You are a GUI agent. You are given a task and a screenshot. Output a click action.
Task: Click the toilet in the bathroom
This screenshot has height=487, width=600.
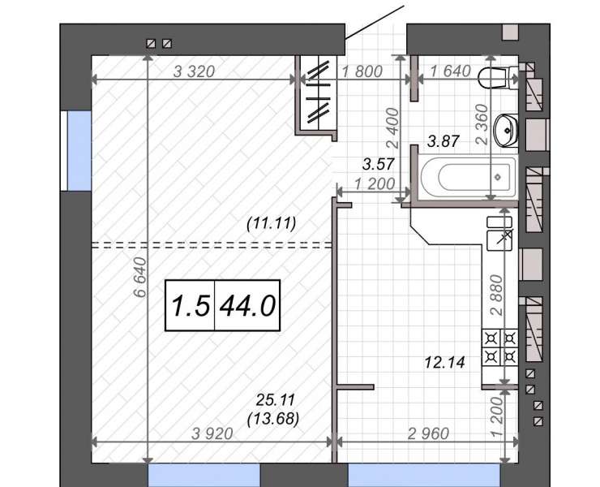[x=498, y=79]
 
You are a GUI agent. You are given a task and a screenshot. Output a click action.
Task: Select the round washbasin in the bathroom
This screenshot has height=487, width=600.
[x=506, y=131]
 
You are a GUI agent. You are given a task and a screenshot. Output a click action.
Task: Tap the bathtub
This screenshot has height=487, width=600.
[x=468, y=177]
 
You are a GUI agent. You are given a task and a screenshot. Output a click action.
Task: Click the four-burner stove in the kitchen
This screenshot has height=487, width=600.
[x=500, y=347]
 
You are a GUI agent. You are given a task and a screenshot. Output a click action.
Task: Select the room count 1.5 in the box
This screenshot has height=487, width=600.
[x=191, y=306]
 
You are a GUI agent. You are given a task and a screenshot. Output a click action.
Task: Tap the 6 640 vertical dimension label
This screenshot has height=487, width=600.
[x=140, y=277]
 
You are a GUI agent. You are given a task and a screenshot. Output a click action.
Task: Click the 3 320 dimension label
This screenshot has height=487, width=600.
[x=194, y=71]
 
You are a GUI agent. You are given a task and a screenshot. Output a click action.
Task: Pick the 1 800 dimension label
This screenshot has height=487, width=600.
[x=362, y=71]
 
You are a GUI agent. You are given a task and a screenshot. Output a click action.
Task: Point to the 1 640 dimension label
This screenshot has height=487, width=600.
[x=450, y=71]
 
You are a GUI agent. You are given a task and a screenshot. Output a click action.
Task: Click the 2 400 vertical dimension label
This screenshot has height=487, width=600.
[x=392, y=128]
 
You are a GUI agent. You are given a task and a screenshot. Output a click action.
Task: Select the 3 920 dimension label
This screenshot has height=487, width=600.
[x=212, y=433]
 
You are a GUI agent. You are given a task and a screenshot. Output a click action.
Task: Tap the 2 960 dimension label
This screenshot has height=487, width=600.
[x=428, y=433]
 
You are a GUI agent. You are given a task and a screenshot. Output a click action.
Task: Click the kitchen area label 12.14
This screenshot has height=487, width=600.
[x=444, y=362]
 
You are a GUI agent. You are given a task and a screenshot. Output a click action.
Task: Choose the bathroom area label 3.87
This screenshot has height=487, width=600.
[x=444, y=141]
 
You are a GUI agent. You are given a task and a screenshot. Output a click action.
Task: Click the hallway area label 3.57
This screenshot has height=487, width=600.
[x=378, y=165]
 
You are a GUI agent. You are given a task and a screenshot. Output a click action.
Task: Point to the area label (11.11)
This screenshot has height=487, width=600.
[x=272, y=223]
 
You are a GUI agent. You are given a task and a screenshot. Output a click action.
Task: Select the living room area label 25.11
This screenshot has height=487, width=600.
[x=276, y=400]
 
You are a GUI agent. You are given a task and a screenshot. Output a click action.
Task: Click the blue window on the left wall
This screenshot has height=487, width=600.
[x=79, y=151]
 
